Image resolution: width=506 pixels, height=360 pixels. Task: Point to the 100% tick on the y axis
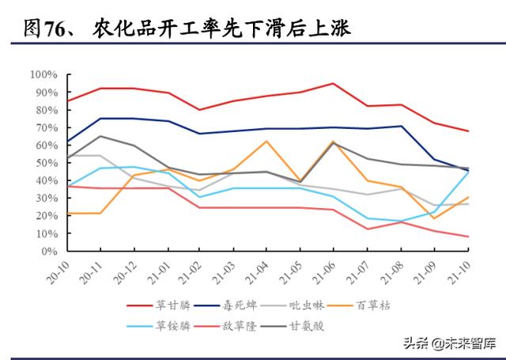43,74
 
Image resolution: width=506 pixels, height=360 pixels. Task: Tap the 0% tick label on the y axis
49,252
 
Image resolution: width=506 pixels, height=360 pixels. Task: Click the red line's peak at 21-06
333,83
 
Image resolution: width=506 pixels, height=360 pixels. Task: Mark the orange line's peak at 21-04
266,141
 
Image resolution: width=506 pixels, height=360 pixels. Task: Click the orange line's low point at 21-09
433,218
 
